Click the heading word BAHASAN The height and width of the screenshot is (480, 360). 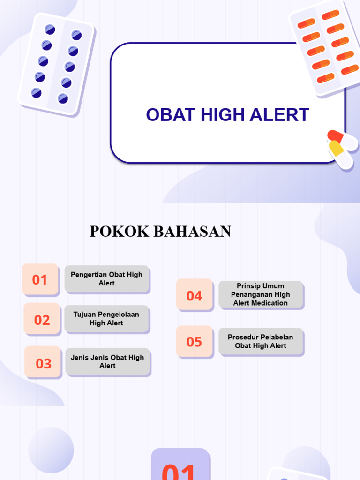[x=192, y=232]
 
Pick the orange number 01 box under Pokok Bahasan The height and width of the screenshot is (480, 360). [x=40, y=280]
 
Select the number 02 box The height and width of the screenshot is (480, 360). [x=42, y=320]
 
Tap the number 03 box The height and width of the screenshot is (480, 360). [x=43, y=363]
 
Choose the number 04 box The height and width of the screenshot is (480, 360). [x=194, y=295]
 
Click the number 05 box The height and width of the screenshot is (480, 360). [x=194, y=342]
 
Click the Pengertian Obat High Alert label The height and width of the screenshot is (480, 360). [x=107, y=279]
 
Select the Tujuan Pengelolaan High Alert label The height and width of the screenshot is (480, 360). [x=106, y=319]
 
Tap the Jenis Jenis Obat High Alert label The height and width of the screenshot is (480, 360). [x=107, y=361]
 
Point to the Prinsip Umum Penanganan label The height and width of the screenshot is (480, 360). [x=261, y=294]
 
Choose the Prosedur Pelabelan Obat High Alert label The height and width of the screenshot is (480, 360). [x=261, y=341]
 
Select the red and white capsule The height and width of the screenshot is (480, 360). [x=342, y=140]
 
